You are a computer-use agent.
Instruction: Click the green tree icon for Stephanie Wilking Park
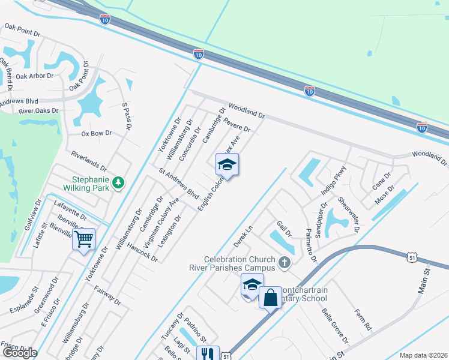(119, 182)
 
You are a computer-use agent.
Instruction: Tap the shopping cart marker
(83, 239)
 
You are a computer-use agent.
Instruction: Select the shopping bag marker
(270, 297)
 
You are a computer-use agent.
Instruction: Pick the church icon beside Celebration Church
(285, 262)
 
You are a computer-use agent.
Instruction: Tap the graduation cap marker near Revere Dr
(227, 164)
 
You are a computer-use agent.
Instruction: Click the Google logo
(20, 353)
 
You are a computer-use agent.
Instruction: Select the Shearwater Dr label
(348, 214)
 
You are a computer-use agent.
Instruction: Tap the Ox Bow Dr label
(97, 133)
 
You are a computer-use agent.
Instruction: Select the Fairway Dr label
(107, 295)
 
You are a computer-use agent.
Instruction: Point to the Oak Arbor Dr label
(36, 76)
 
